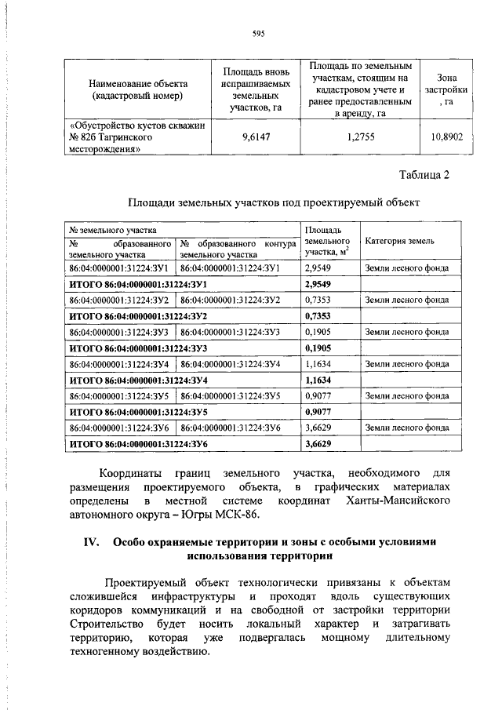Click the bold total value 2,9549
(318, 283)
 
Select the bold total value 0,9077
(318, 412)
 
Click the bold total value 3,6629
(318, 444)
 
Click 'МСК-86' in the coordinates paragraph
(235, 515)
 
